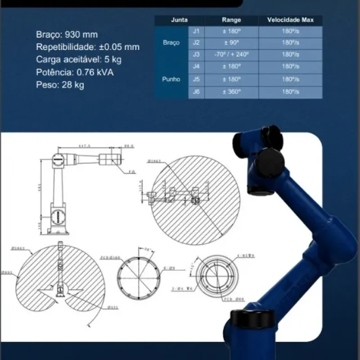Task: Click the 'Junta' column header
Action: [179, 20]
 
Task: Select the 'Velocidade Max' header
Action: [291, 20]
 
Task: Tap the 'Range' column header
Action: [232, 20]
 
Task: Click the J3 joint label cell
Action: [196, 54]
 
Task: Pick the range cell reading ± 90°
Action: [232, 43]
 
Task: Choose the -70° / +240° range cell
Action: [232, 54]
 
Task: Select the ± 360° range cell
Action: [232, 91]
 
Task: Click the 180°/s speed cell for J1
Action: [291, 31]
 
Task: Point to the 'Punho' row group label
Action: [171, 79]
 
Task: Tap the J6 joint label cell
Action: [196, 91]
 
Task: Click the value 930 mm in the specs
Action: [81, 35]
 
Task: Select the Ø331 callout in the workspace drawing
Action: [113, 308]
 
